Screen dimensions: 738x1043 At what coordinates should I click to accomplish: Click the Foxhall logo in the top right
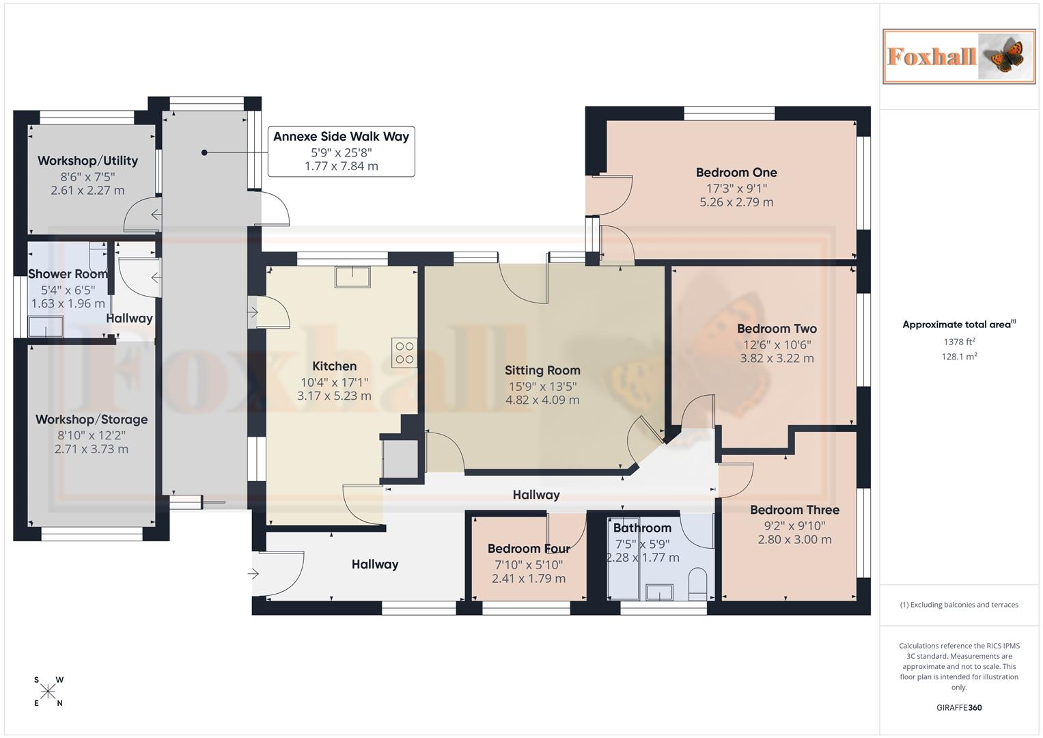pos(958,56)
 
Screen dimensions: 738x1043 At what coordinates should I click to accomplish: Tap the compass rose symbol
pos(48,692)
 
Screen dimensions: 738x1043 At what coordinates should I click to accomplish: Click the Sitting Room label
pos(542,370)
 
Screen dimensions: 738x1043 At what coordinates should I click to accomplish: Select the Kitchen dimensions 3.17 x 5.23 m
pos(334,396)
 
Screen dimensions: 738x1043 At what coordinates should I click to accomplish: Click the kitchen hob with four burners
pos(404,353)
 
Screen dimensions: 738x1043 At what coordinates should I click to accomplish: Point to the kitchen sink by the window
pos(352,276)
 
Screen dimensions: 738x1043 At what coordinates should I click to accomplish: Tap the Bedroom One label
pos(736,172)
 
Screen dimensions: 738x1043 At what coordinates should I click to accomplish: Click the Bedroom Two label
pos(777,329)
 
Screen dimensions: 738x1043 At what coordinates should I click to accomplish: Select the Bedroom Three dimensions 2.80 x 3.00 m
pos(794,539)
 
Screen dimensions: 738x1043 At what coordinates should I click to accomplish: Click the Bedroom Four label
pos(528,549)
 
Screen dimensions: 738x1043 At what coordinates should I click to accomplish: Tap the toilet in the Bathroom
pos(698,584)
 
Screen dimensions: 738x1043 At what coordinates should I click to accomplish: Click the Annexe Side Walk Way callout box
pos(341,151)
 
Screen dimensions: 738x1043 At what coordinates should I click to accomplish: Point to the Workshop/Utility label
pos(87,161)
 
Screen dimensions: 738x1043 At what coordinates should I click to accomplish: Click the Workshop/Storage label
pos(92,420)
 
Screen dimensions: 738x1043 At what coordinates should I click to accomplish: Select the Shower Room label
pos(68,274)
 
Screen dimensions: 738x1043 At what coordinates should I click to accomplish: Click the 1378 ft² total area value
pos(959,342)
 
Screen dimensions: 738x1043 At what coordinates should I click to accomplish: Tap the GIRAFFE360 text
pos(958,707)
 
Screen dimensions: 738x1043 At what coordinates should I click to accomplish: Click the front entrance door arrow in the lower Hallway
pos(254,574)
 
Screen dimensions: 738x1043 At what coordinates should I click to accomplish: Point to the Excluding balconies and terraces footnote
pos(958,605)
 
